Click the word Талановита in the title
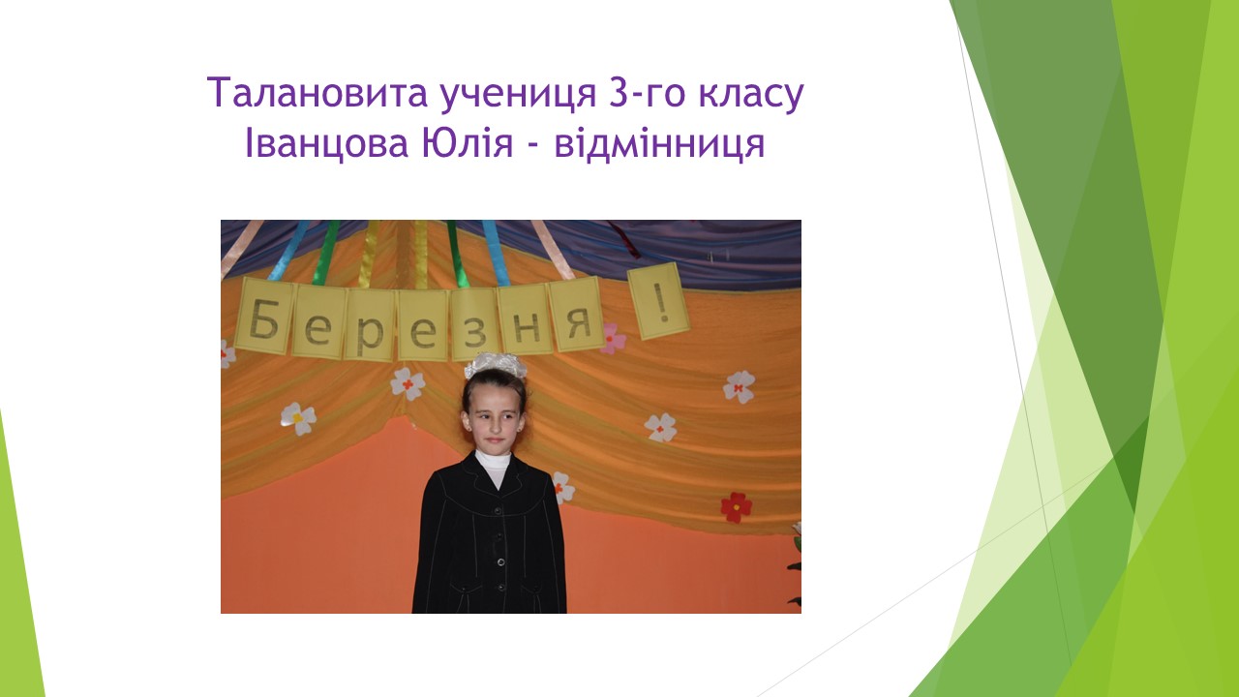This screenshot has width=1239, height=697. click(x=318, y=93)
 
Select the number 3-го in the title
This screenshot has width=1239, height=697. click(x=647, y=93)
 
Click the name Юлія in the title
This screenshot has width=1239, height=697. click(x=468, y=142)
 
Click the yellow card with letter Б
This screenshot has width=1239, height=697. click(x=264, y=316)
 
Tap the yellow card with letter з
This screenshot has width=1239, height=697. click(x=474, y=323)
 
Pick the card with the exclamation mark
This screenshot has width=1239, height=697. click(x=658, y=301)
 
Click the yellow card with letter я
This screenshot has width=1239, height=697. click(x=577, y=316)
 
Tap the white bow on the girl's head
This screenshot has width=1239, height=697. click(x=495, y=365)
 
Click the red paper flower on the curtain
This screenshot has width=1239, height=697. click(x=737, y=506)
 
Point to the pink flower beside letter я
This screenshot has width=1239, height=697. click(x=613, y=339)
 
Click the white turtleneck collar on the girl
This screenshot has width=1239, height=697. click(x=493, y=464)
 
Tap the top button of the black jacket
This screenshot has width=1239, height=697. click(x=498, y=510)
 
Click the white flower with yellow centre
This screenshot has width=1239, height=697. click(x=298, y=418)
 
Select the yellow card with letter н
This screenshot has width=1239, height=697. click(x=526, y=320)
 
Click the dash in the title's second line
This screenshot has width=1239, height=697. click(x=533, y=147)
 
